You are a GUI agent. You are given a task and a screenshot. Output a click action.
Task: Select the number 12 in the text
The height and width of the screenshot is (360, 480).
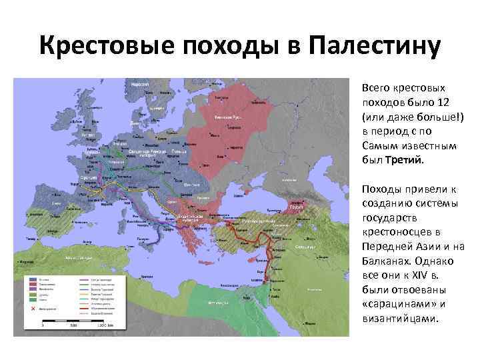pos(443,102)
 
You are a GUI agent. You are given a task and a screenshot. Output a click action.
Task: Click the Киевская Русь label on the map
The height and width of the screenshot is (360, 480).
pos(227,117)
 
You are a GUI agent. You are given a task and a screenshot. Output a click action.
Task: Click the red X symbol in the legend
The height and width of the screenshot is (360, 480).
pos(31,308)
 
